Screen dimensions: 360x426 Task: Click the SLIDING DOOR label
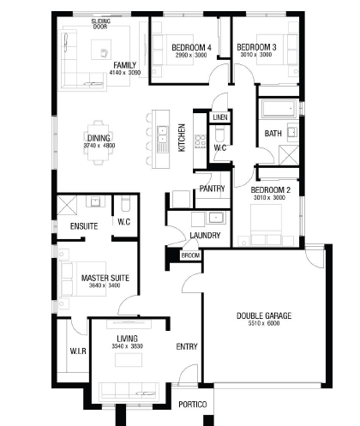coord(101,24)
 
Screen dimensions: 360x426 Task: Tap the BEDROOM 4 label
coord(191,47)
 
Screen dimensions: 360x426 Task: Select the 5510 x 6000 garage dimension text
coord(264,323)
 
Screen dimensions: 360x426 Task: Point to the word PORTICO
coord(193,405)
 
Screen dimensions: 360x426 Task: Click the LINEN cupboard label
coord(220,117)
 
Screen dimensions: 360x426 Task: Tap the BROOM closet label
coord(190,255)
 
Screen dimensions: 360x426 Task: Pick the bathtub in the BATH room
coord(279,109)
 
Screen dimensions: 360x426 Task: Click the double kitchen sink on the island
coord(162,135)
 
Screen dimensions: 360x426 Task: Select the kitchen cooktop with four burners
coord(201,141)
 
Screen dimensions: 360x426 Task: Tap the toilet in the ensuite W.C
coord(125,203)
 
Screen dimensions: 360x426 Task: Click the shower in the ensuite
coord(67,205)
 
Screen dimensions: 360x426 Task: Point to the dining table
coord(99,142)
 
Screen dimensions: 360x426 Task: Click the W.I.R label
coord(78,351)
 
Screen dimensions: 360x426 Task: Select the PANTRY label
coord(212,189)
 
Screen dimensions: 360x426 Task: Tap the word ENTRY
coord(187,346)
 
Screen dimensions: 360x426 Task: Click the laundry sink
coord(216,218)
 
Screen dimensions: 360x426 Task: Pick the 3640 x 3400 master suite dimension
coord(105,285)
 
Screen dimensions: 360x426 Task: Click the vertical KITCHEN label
coord(182,138)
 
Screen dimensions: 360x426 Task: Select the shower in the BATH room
coord(289,155)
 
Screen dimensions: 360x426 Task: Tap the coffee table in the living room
coord(129,360)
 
